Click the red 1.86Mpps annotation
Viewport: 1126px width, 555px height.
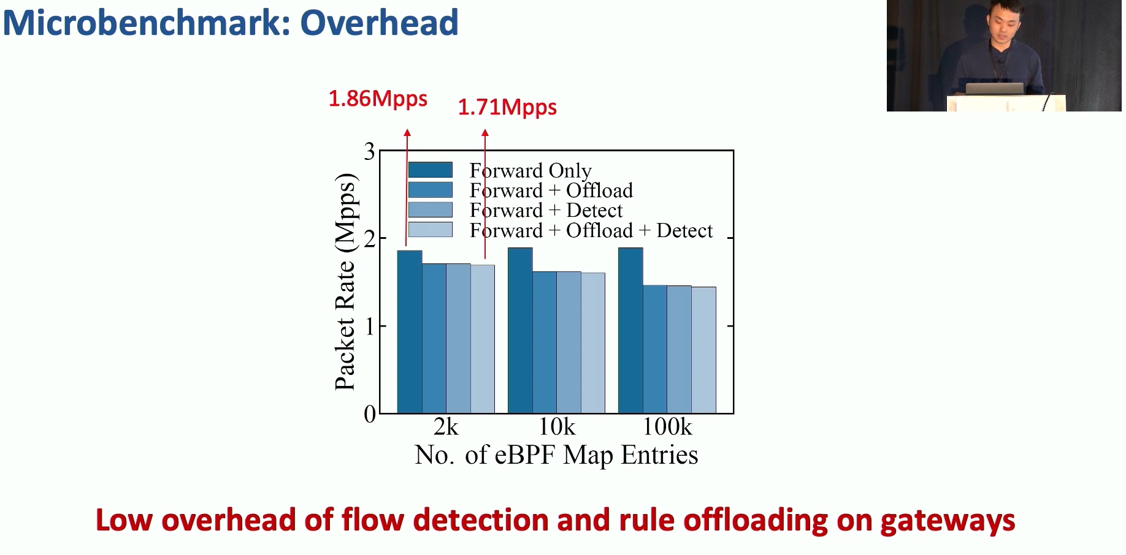click(x=378, y=99)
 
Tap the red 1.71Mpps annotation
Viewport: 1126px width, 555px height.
click(x=507, y=107)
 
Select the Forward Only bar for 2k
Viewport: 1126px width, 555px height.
click(x=410, y=331)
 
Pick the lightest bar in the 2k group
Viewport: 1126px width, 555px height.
click(x=483, y=339)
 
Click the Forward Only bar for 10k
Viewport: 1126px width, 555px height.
click(x=520, y=330)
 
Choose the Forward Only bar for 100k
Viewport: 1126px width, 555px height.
click(x=630, y=330)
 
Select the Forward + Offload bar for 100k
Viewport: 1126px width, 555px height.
click(x=655, y=349)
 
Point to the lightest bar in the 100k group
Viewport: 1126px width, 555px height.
click(x=703, y=350)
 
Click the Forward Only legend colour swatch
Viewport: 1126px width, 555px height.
click(x=431, y=170)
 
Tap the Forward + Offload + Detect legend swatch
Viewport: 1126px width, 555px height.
click(x=431, y=230)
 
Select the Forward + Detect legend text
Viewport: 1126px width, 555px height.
click(x=546, y=210)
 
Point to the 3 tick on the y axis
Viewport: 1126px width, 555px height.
click(x=369, y=151)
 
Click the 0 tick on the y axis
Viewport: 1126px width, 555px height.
click(x=369, y=414)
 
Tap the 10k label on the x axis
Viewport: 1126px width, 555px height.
click(x=557, y=426)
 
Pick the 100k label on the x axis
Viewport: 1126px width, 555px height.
click(x=667, y=426)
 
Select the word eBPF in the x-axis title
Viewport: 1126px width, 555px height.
click(x=526, y=455)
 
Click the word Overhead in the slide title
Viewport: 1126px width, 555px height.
click(x=379, y=23)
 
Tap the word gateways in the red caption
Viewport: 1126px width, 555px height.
click(x=948, y=520)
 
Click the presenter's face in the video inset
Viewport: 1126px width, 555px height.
click(x=1003, y=23)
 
